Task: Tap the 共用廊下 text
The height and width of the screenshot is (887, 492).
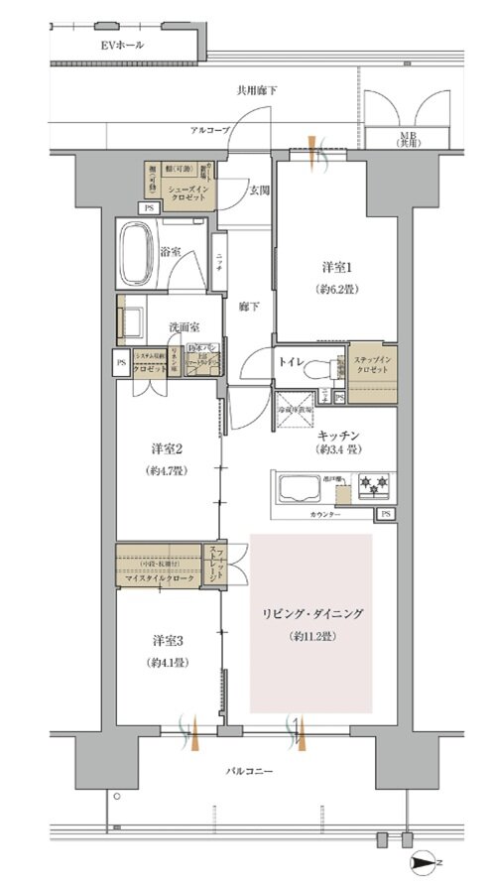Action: click(x=256, y=90)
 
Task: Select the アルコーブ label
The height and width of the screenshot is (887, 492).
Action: click(x=210, y=130)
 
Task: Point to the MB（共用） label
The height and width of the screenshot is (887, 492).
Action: click(x=408, y=138)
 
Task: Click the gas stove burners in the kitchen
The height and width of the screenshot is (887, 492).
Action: click(x=376, y=486)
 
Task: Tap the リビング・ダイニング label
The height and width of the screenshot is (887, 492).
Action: click(x=312, y=615)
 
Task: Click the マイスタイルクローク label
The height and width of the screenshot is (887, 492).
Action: click(x=158, y=577)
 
